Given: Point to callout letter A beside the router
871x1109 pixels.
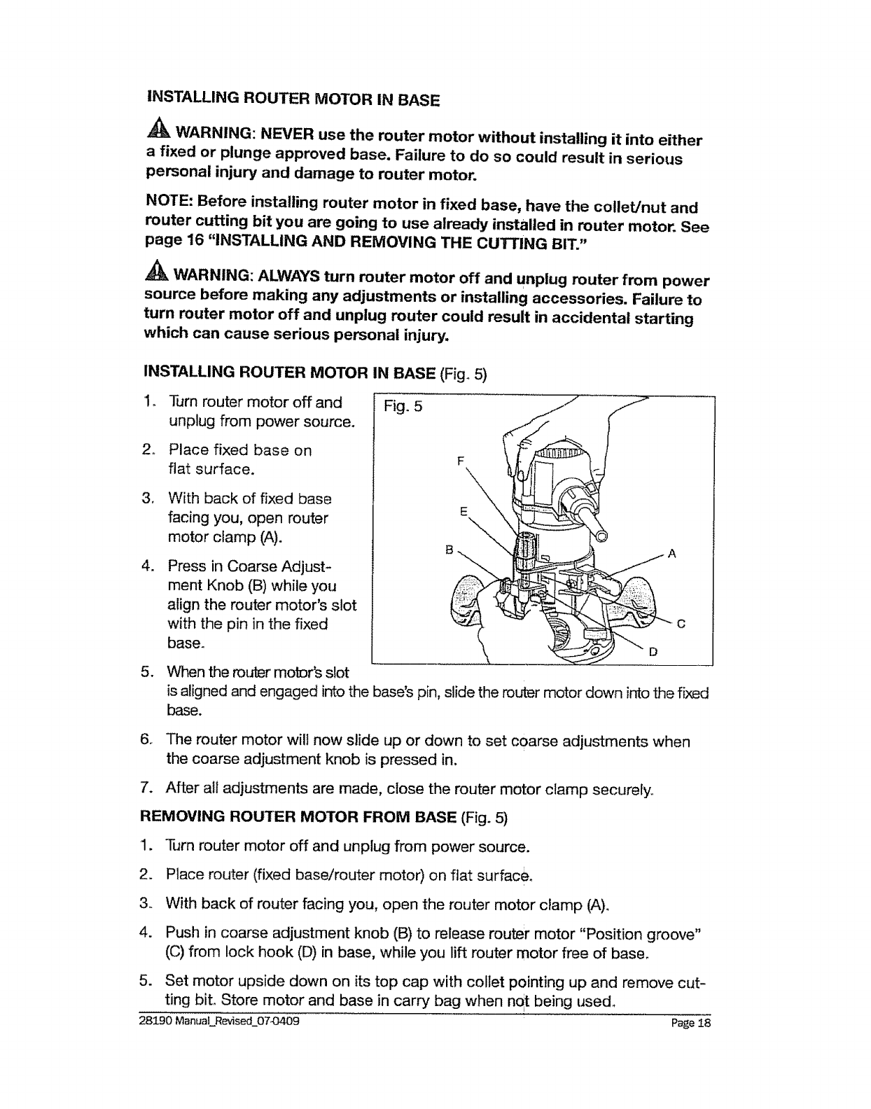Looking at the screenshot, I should click(671, 554).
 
